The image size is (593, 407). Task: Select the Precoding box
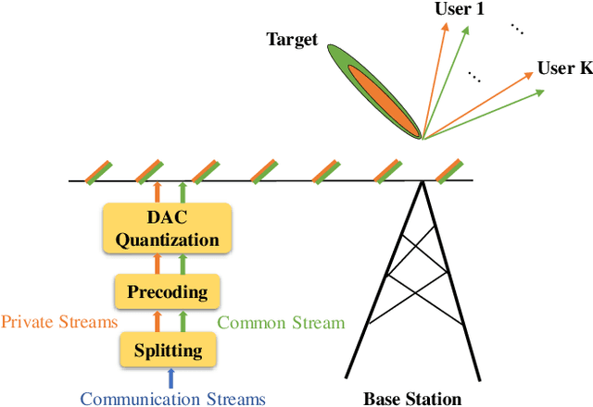(x=168, y=293)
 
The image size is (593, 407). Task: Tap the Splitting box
(x=168, y=351)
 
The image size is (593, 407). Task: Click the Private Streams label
(x=59, y=323)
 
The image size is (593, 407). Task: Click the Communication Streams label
(x=172, y=399)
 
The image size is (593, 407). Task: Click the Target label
(x=292, y=39)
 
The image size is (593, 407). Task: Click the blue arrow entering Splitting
(x=169, y=377)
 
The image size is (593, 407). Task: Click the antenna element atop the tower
(x=448, y=171)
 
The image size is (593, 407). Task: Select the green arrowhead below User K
(x=540, y=92)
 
